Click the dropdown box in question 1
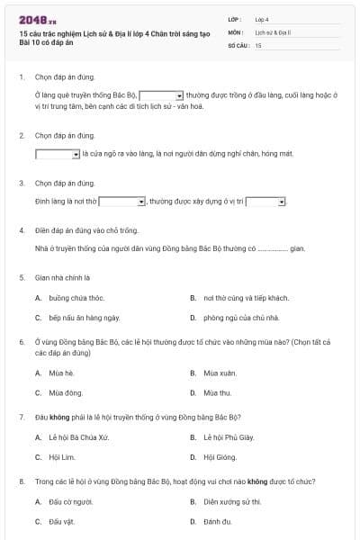pos(162,94)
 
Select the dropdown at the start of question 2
pos(58,154)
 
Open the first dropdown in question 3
pos(122,201)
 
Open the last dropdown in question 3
pos(265,201)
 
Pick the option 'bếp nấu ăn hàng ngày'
pos(84,318)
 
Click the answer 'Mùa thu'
pos(218,392)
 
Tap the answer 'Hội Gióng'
pos(220,457)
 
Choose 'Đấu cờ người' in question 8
pos(71,502)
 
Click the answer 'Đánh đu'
pos(218,522)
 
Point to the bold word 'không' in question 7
pos(59,418)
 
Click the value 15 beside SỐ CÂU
pos(258,44)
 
